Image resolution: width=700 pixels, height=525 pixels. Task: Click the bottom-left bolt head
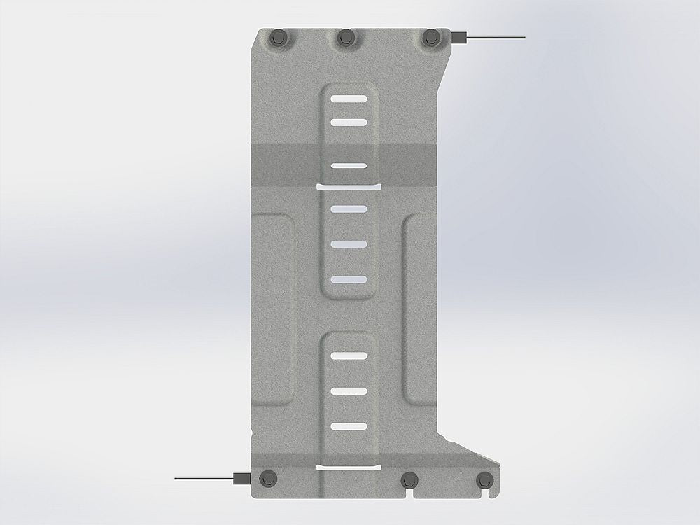(x=267, y=479)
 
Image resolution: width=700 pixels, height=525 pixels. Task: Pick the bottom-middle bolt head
(x=409, y=479)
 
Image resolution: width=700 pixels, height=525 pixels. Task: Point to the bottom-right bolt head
(x=484, y=479)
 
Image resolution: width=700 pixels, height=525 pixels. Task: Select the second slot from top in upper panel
(x=348, y=122)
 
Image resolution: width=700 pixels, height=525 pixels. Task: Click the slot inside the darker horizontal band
(x=348, y=166)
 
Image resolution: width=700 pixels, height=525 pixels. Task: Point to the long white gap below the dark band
(x=348, y=188)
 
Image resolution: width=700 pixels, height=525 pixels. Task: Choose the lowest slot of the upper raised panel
(x=348, y=279)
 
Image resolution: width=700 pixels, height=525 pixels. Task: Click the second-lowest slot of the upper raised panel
(x=348, y=244)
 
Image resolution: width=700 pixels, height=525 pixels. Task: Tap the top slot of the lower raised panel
(x=348, y=356)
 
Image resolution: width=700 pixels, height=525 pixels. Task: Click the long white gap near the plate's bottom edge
(x=348, y=466)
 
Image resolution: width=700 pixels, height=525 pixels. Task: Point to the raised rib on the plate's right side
(x=421, y=308)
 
